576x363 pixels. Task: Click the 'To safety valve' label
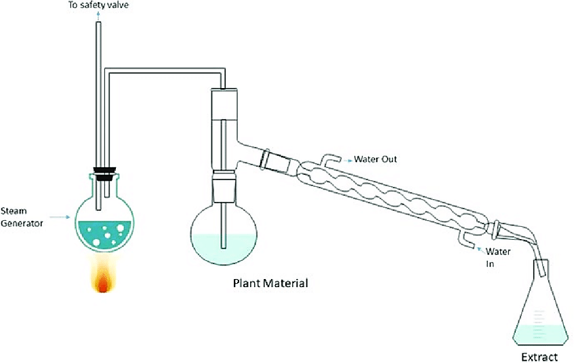(x=98, y=5)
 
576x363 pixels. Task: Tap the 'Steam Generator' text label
(x=22, y=217)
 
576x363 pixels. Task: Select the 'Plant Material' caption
(x=271, y=283)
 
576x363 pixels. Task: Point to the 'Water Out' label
(x=375, y=159)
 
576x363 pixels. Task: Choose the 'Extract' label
(x=539, y=357)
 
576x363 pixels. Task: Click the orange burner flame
(x=103, y=274)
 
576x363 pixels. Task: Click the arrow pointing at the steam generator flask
(x=60, y=217)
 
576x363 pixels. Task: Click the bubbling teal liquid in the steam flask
(x=104, y=236)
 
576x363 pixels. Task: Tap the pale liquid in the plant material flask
(x=224, y=249)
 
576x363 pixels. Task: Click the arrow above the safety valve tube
(x=98, y=16)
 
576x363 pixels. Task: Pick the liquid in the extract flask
(x=540, y=335)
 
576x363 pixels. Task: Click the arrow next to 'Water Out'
(x=348, y=160)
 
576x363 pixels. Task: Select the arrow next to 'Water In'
(x=480, y=250)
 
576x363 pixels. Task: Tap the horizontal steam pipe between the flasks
(x=165, y=70)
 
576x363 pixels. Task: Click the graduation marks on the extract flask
(x=539, y=321)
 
